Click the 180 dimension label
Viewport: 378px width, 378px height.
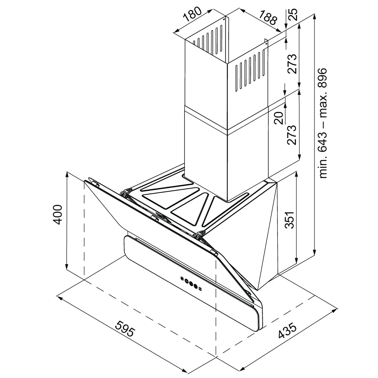pyautogui.click(x=192, y=14)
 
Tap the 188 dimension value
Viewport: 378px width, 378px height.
pyautogui.click(x=268, y=18)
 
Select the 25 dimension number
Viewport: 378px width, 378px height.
pyautogui.click(x=293, y=15)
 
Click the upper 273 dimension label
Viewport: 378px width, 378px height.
pyautogui.click(x=292, y=64)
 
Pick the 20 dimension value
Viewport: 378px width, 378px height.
pyautogui.click(x=279, y=118)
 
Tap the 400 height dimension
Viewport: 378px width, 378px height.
pyautogui.click(x=57, y=215)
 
